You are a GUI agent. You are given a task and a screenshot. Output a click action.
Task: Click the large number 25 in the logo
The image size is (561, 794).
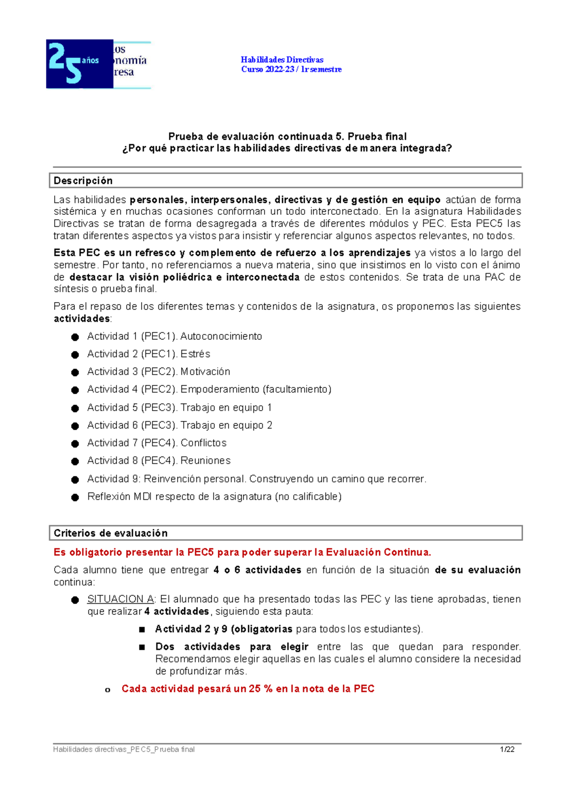coord(65,63)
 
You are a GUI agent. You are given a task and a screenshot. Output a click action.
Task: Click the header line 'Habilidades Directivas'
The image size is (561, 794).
coord(282,59)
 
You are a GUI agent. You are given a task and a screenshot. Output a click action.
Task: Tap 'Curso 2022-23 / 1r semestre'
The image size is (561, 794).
coord(291,69)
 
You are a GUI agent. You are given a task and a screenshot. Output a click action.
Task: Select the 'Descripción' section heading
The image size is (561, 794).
coord(83,180)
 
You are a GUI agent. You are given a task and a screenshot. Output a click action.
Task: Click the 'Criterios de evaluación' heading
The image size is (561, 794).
coord(110,533)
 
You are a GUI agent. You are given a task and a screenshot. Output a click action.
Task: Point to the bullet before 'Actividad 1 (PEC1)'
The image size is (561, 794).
coord(75,337)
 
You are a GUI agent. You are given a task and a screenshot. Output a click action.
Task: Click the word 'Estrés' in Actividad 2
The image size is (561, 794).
coord(195,354)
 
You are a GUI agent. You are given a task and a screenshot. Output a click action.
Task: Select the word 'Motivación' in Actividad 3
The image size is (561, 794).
coord(205,372)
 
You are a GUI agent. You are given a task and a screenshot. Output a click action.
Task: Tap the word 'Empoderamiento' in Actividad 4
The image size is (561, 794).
coord(220,390)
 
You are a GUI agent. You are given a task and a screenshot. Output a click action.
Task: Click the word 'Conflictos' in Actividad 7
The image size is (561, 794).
coord(203,443)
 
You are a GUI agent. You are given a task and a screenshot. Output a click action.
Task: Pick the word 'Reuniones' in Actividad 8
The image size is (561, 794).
coord(205,461)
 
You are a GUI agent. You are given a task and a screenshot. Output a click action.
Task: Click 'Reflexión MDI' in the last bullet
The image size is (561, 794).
coord(119,497)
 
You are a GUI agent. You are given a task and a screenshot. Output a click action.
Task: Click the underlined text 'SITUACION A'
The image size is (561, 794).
coord(121,599)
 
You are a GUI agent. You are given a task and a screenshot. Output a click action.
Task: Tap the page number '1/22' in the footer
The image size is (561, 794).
coord(507,750)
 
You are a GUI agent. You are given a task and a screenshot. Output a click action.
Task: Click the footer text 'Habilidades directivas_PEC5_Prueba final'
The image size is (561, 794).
coord(124,750)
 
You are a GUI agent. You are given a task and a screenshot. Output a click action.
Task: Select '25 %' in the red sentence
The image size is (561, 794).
coord(261,689)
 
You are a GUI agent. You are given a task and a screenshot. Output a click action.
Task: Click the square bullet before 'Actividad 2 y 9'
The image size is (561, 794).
coord(142,630)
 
